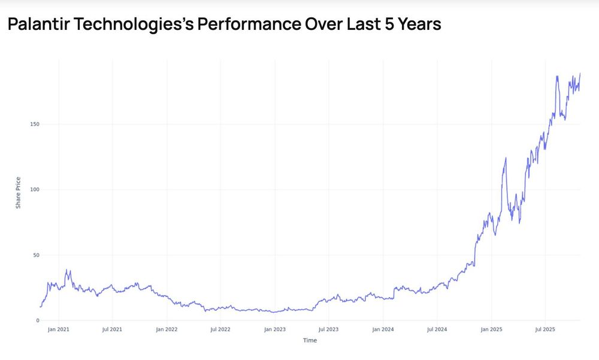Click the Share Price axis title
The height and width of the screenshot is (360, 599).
19,192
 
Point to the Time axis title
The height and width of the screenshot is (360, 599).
310,340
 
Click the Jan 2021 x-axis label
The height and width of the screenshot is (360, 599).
58,329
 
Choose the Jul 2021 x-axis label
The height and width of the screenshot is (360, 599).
112,329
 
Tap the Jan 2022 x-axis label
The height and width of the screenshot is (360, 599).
167,329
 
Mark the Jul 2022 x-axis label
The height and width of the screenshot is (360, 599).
220,329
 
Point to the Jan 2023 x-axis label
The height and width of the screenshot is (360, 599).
275,329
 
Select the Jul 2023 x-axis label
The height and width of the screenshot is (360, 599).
328,329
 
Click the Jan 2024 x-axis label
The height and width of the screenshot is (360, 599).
383,329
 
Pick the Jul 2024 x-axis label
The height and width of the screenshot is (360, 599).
437,329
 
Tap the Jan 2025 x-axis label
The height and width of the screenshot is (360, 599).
491,329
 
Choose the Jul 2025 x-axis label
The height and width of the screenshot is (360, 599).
544,329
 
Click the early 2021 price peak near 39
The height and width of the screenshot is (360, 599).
66,270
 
